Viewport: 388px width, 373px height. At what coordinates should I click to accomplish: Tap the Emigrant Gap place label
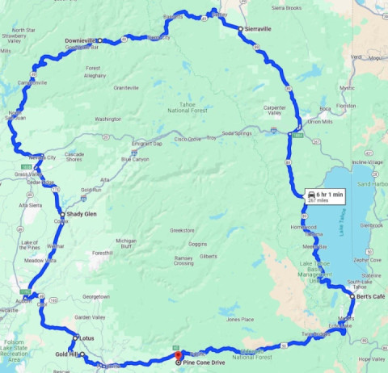tap(147, 143)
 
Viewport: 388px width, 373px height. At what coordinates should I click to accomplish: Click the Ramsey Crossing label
tap(183, 260)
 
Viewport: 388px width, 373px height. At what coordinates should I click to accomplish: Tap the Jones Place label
tap(242, 320)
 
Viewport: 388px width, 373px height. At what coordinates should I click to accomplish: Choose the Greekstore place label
tap(182, 230)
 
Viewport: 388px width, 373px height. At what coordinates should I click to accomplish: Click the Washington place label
tap(108, 119)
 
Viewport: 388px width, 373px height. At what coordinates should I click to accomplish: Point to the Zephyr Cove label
tap(367, 260)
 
